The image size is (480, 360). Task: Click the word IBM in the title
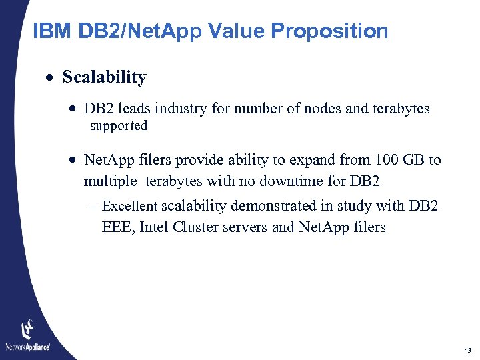click(x=51, y=31)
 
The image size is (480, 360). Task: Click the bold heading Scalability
click(x=105, y=77)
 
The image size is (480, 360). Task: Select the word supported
click(x=119, y=126)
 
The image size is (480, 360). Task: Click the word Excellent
click(x=130, y=207)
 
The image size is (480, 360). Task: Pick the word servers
click(x=247, y=227)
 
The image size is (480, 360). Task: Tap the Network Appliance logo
click(x=27, y=337)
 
